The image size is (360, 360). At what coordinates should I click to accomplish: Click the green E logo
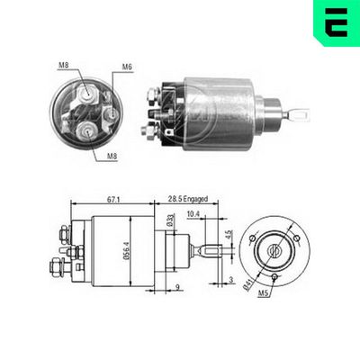[337, 22]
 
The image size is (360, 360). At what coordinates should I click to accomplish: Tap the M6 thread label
[128, 67]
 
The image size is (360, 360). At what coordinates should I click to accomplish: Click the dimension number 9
[177, 287]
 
